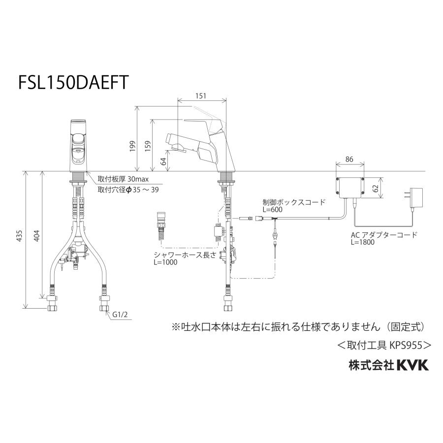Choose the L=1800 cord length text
point(363,242)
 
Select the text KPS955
point(407,345)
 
